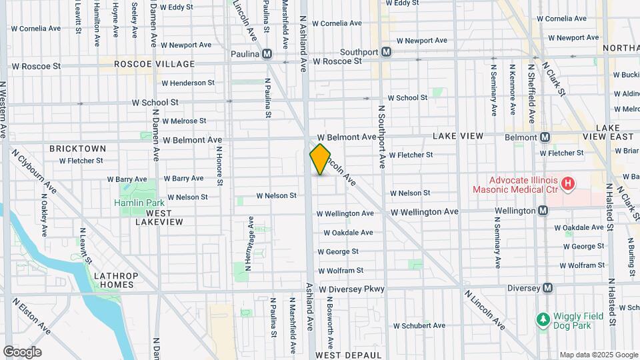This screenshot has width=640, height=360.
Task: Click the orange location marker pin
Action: [x=320, y=159]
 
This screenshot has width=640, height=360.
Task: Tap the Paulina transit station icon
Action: [x=267, y=53]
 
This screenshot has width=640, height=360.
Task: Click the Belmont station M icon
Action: [x=545, y=137]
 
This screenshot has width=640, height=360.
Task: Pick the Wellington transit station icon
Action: [x=543, y=211]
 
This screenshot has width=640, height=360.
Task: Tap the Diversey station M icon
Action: [x=547, y=288]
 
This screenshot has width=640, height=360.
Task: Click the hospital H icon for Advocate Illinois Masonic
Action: [x=568, y=183]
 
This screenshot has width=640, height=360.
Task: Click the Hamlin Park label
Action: [x=134, y=203]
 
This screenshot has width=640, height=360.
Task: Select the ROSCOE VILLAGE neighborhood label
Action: [x=155, y=64]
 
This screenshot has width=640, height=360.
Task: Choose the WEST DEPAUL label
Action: [x=349, y=355]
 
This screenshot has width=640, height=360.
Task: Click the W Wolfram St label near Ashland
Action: [x=341, y=271]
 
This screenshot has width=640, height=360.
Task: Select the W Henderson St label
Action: [x=188, y=83]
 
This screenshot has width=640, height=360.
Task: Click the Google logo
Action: [x=22, y=351]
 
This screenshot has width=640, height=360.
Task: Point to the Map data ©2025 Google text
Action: [x=598, y=354]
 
